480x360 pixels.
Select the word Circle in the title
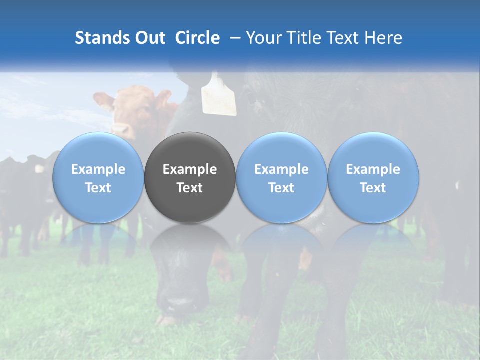[x=197, y=38]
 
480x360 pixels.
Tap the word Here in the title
[x=384, y=38]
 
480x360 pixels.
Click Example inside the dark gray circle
[x=190, y=169]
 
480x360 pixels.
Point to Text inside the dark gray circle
[x=190, y=188]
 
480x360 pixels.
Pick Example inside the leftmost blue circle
[x=98, y=169]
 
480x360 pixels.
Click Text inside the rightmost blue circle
[x=373, y=188]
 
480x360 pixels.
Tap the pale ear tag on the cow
[x=219, y=95]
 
